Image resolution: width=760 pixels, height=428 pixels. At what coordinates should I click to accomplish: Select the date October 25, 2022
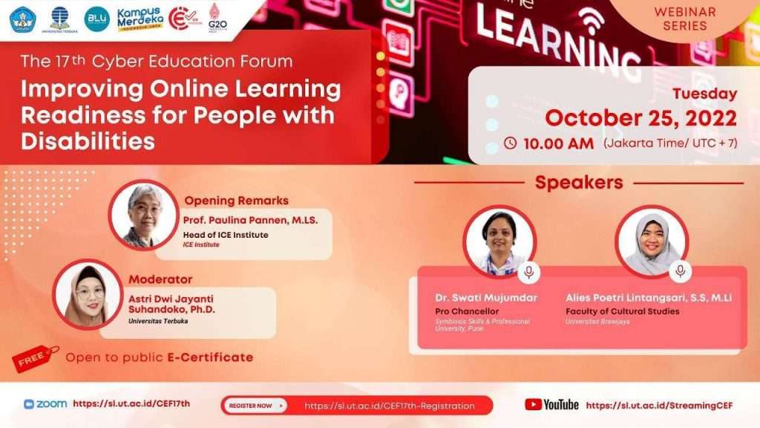[641, 118]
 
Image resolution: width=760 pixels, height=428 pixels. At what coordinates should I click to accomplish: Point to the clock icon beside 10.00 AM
[510, 143]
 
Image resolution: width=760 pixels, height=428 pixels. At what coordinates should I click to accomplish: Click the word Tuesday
[704, 94]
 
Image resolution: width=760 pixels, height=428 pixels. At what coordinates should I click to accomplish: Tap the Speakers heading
[579, 183]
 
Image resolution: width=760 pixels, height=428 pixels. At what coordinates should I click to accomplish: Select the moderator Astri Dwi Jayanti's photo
[88, 293]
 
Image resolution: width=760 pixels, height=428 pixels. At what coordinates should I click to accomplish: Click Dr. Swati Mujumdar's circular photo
[499, 241]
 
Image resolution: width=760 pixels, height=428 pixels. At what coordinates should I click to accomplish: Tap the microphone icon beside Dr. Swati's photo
[528, 273]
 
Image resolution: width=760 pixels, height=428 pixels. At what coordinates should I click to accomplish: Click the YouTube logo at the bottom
[551, 405]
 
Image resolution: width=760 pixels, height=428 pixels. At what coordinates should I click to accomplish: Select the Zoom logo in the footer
[45, 404]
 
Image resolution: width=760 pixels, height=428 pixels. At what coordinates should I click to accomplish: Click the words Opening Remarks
[236, 201]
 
